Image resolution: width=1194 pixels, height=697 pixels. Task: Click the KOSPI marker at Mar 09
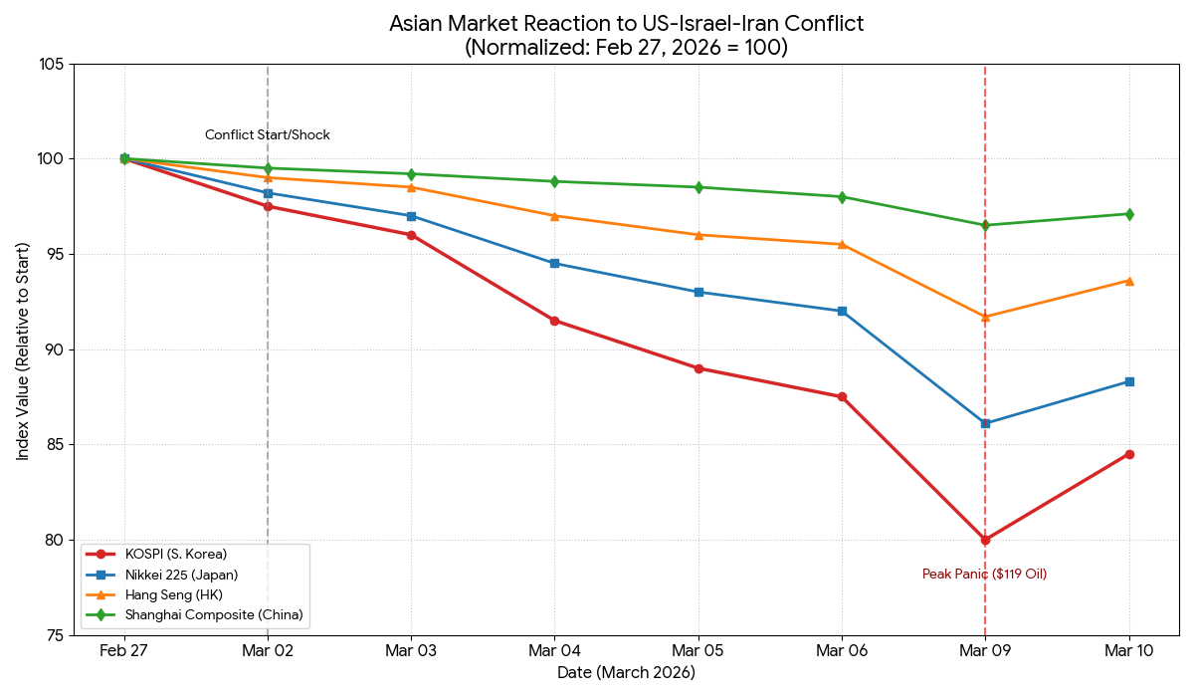(985, 540)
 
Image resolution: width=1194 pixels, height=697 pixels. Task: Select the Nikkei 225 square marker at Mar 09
(985, 423)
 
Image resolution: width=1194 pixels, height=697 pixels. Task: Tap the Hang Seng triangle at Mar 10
(1129, 280)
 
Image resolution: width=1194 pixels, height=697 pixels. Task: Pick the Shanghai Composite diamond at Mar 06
(842, 197)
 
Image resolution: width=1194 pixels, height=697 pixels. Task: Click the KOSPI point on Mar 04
(554, 321)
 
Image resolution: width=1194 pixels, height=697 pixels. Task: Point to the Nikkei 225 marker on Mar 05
(698, 292)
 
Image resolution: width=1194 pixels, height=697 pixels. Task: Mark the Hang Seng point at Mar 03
(411, 187)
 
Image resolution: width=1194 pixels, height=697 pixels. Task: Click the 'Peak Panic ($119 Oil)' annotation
(984, 575)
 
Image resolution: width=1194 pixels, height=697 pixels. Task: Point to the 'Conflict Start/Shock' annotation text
(267, 135)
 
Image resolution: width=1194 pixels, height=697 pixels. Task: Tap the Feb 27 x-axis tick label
(124, 651)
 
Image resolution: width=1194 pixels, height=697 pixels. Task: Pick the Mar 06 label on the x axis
(842, 651)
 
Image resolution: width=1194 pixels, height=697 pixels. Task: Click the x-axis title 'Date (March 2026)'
(626, 673)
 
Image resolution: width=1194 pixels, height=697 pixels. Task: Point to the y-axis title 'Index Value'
(23, 350)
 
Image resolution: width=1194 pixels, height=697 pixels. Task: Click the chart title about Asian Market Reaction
(626, 35)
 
